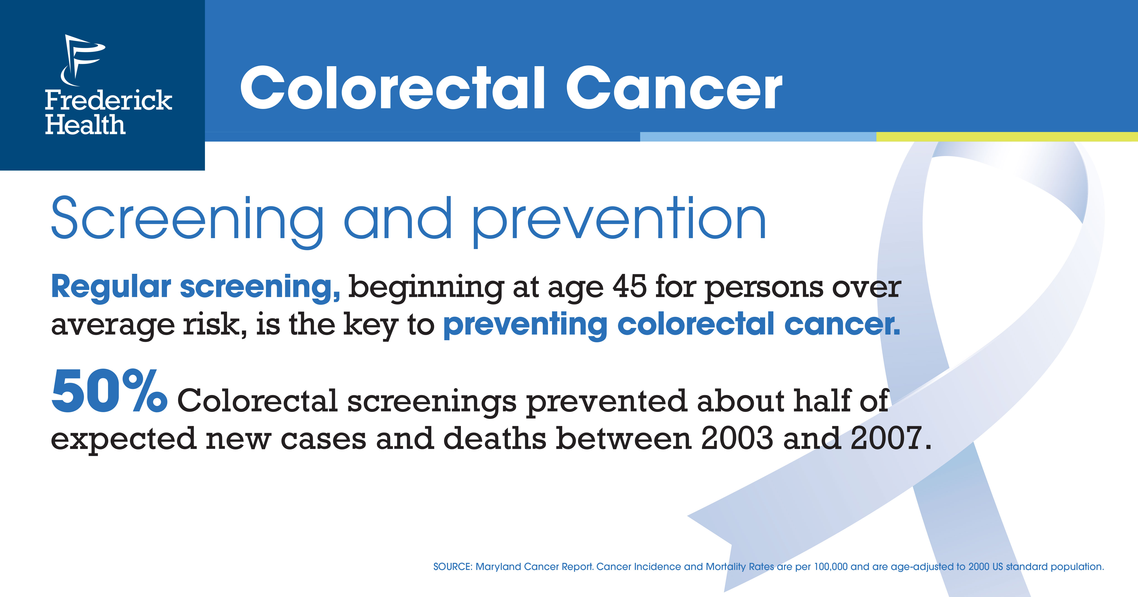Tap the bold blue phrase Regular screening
coord(196,288)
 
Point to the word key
coord(370,325)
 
